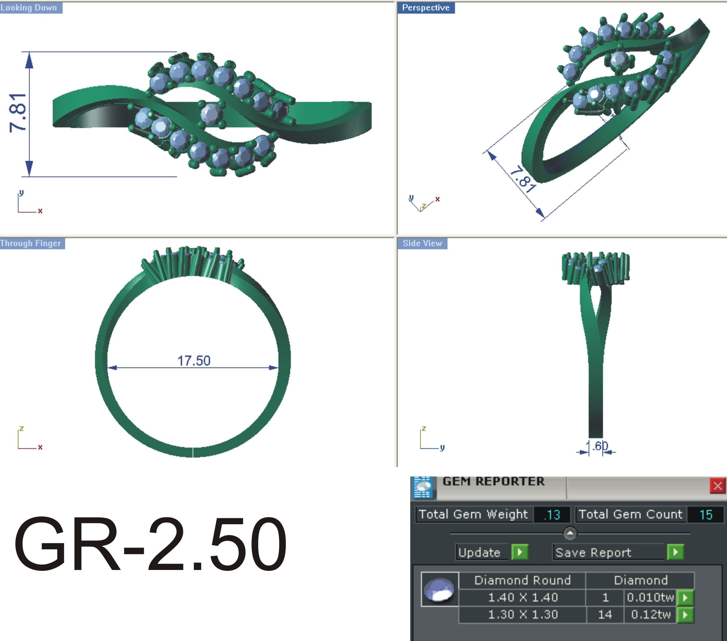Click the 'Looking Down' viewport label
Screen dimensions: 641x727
pyautogui.click(x=29, y=8)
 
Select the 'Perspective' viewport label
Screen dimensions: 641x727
pyautogui.click(x=426, y=8)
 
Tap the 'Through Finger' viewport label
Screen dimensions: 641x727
pyautogui.click(x=31, y=244)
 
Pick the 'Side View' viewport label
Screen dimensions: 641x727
pyautogui.click(x=422, y=244)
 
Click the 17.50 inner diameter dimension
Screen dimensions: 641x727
pyautogui.click(x=194, y=361)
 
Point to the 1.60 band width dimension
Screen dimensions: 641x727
pyautogui.click(x=598, y=446)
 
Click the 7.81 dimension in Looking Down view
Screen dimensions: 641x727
pyautogui.click(x=18, y=113)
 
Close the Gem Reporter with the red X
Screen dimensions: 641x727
pyautogui.click(x=717, y=486)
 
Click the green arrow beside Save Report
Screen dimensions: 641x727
pyautogui.click(x=675, y=552)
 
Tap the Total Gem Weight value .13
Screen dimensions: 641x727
pyautogui.click(x=552, y=514)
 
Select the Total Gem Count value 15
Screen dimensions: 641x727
pyautogui.click(x=706, y=514)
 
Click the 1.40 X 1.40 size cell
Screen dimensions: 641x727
pyautogui.click(x=522, y=597)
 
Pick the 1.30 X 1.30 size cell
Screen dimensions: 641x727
pyautogui.click(x=522, y=614)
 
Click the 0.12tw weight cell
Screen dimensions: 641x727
pyautogui.click(x=650, y=614)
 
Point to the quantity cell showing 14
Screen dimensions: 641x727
pyautogui.click(x=605, y=614)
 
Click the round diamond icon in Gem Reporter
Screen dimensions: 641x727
pyautogui.click(x=440, y=590)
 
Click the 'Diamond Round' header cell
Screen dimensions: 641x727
pyautogui.click(x=522, y=580)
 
